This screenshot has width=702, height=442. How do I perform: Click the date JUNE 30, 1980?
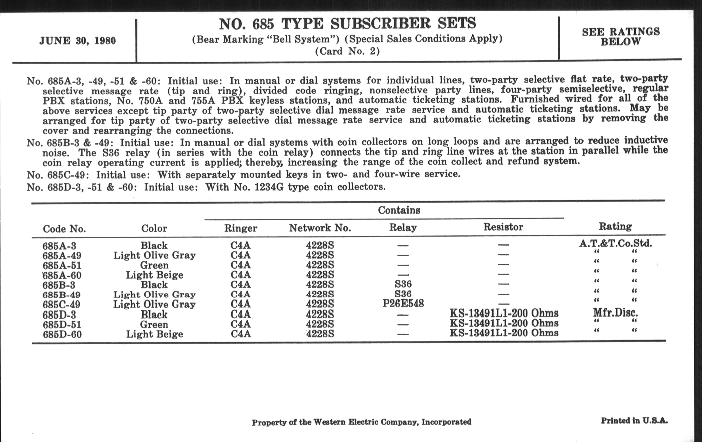[78, 40]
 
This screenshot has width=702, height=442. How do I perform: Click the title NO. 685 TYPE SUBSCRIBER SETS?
[347, 24]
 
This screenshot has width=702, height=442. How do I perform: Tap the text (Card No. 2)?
[347, 51]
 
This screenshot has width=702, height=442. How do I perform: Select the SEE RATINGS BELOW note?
[621, 36]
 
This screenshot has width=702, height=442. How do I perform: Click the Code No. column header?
[64, 229]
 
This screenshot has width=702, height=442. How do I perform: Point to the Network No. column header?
[320, 228]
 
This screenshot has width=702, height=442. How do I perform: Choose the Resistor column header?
[503, 227]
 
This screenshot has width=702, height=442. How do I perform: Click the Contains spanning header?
[399, 210]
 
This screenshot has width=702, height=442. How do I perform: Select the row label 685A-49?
[62, 256]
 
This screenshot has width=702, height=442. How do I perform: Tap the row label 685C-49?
[61, 304]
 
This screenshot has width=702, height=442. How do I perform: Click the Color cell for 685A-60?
[154, 275]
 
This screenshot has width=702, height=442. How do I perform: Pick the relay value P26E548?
[403, 304]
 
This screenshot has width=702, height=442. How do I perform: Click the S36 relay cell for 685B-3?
[403, 284]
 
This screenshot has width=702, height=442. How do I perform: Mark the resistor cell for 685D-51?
[504, 323]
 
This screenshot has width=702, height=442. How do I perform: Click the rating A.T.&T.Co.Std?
[615, 243]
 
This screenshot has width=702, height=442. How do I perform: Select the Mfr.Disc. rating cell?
[615, 313]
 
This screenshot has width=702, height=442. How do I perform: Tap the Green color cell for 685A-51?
[154, 265]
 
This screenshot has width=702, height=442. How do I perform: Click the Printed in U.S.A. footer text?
[634, 420]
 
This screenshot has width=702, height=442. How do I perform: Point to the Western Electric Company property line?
[361, 422]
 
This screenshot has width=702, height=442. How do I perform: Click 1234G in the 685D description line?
[269, 187]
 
